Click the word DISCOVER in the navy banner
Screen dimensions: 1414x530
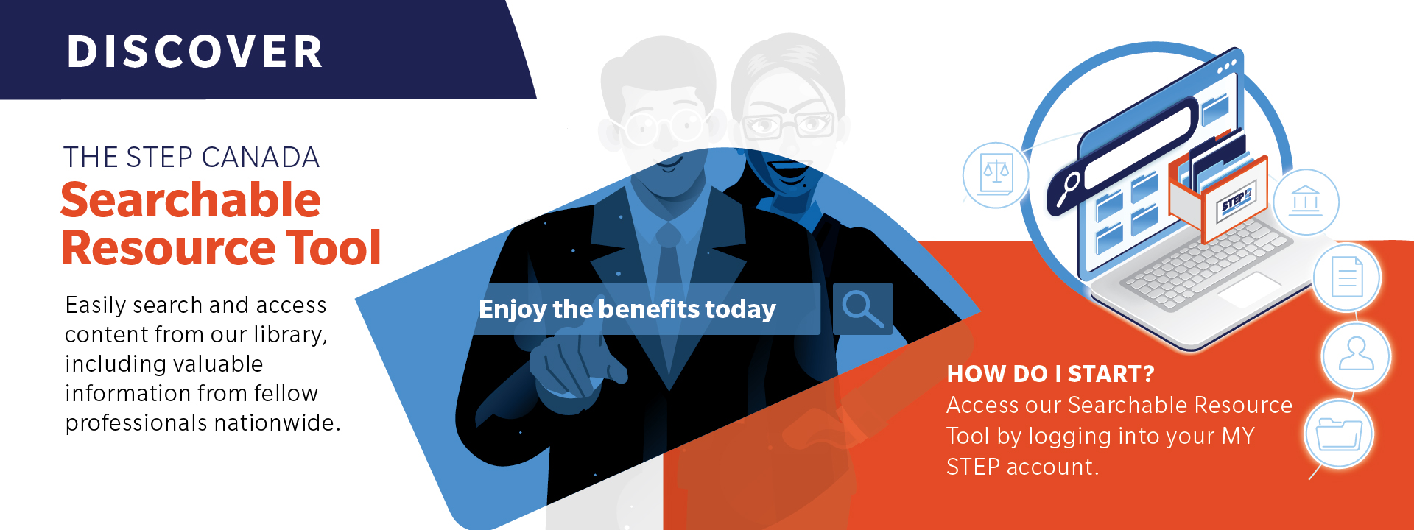click(195, 52)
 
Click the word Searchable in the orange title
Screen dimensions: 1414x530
click(191, 200)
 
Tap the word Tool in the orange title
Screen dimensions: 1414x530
click(334, 247)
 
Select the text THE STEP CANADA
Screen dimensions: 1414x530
click(191, 158)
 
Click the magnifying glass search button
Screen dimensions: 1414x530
click(862, 309)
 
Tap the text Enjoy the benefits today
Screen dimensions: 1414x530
click(627, 309)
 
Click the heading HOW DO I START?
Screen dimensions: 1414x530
click(1050, 374)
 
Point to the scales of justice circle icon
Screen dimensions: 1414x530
click(996, 175)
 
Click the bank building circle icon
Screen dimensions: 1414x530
click(1306, 202)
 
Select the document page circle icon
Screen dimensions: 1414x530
click(1347, 277)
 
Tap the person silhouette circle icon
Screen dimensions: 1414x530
click(1356, 356)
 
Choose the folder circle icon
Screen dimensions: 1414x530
click(1339, 434)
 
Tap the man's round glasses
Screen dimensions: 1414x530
click(664, 126)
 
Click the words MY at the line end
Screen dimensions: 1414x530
click(1237, 436)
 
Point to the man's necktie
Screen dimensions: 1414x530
click(669, 294)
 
